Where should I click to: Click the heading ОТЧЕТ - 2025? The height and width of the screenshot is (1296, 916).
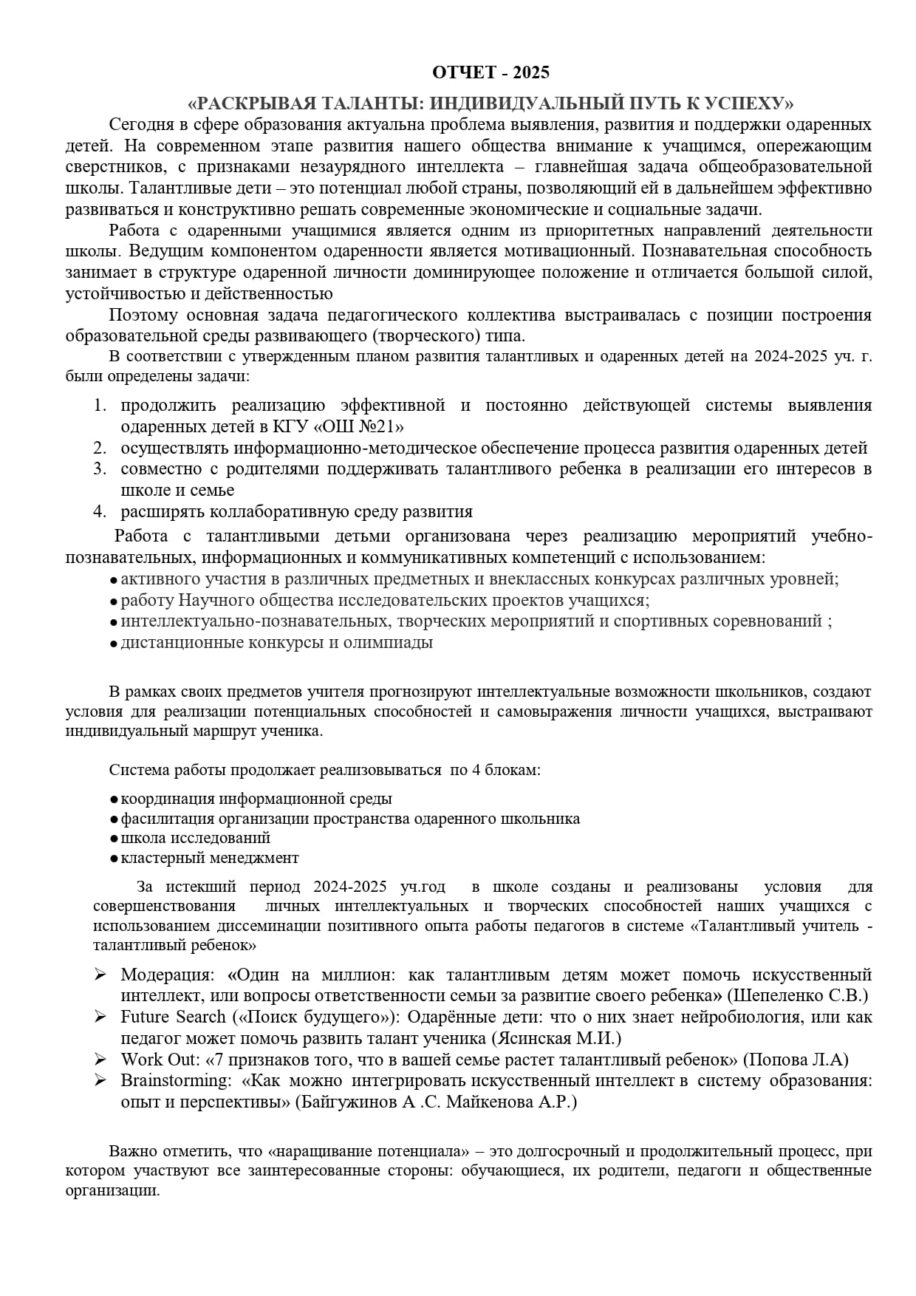(491, 72)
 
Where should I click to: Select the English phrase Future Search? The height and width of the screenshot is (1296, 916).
(174, 1017)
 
